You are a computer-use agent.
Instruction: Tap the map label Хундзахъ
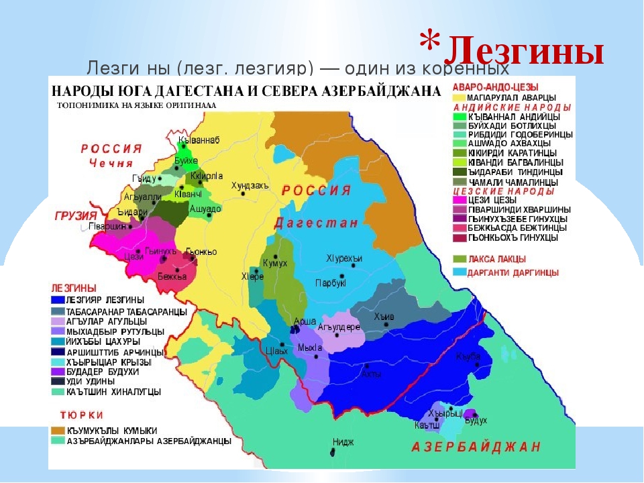point(250,185)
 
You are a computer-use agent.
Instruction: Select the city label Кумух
point(275,263)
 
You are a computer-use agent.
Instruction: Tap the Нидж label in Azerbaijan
point(343,442)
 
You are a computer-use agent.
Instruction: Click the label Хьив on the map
point(384,317)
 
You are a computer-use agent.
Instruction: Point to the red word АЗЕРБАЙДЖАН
point(476,447)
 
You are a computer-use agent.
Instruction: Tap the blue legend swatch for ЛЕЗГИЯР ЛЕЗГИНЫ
point(56,299)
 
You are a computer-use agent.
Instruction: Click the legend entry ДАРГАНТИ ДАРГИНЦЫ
point(513,272)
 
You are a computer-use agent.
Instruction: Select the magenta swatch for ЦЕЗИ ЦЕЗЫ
point(459,200)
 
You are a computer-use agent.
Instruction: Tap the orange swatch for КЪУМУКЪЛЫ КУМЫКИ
point(56,430)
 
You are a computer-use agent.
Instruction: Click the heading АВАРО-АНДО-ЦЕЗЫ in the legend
point(495,87)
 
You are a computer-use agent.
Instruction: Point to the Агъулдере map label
point(339,327)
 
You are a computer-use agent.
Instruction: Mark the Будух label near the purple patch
point(475,421)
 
